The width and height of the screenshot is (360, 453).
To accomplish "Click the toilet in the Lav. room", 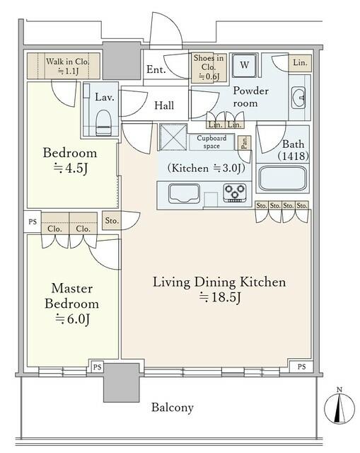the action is (103, 122).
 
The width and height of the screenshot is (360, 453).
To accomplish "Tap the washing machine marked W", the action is (244, 65).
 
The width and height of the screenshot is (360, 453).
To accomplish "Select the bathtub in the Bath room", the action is (282, 178).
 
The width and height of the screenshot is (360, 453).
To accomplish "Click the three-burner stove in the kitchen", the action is (235, 193).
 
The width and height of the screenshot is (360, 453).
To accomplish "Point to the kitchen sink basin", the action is (184, 193).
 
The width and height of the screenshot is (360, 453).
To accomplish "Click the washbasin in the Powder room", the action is (298, 98).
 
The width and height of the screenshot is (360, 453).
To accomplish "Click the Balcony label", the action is (173, 408).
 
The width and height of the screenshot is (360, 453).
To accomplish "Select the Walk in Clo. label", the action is (68, 62).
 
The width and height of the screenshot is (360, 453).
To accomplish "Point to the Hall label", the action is (164, 105).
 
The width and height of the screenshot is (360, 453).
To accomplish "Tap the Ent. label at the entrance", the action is (156, 69).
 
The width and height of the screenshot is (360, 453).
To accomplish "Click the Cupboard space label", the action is (211, 142).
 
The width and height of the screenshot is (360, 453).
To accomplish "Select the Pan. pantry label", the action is (244, 142).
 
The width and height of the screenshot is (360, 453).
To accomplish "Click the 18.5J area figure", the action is (220, 297).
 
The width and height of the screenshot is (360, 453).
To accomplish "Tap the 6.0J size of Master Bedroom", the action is (72, 319).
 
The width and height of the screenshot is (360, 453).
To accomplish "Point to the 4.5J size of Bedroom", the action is (71, 168).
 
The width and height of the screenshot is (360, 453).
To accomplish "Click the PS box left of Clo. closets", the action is (33, 222).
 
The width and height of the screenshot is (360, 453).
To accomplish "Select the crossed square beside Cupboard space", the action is (173, 137).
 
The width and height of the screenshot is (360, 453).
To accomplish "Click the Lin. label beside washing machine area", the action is (301, 63).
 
